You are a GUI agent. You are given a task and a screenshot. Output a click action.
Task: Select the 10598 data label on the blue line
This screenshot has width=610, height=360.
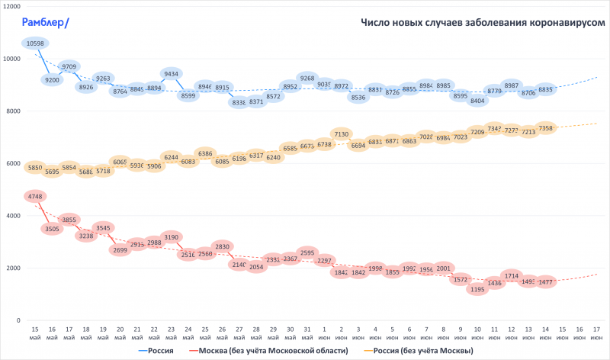[x=35, y=43]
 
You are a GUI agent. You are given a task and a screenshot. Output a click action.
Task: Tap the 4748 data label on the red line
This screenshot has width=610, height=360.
[x=35, y=197]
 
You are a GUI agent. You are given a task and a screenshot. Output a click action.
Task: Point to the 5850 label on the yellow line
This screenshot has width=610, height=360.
[x=35, y=168]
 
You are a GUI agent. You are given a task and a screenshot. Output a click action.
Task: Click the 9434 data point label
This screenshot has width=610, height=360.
[x=172, y=74]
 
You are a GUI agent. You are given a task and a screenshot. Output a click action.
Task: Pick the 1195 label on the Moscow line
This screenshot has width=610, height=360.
[x=477, y=290]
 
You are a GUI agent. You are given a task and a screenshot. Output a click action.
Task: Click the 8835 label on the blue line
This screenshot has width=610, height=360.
[x=545, y=89]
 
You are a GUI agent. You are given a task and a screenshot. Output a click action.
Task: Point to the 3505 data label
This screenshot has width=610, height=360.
[x=52, y=228]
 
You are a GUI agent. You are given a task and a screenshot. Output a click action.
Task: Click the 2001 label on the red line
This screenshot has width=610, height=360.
[x=444, y=268]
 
